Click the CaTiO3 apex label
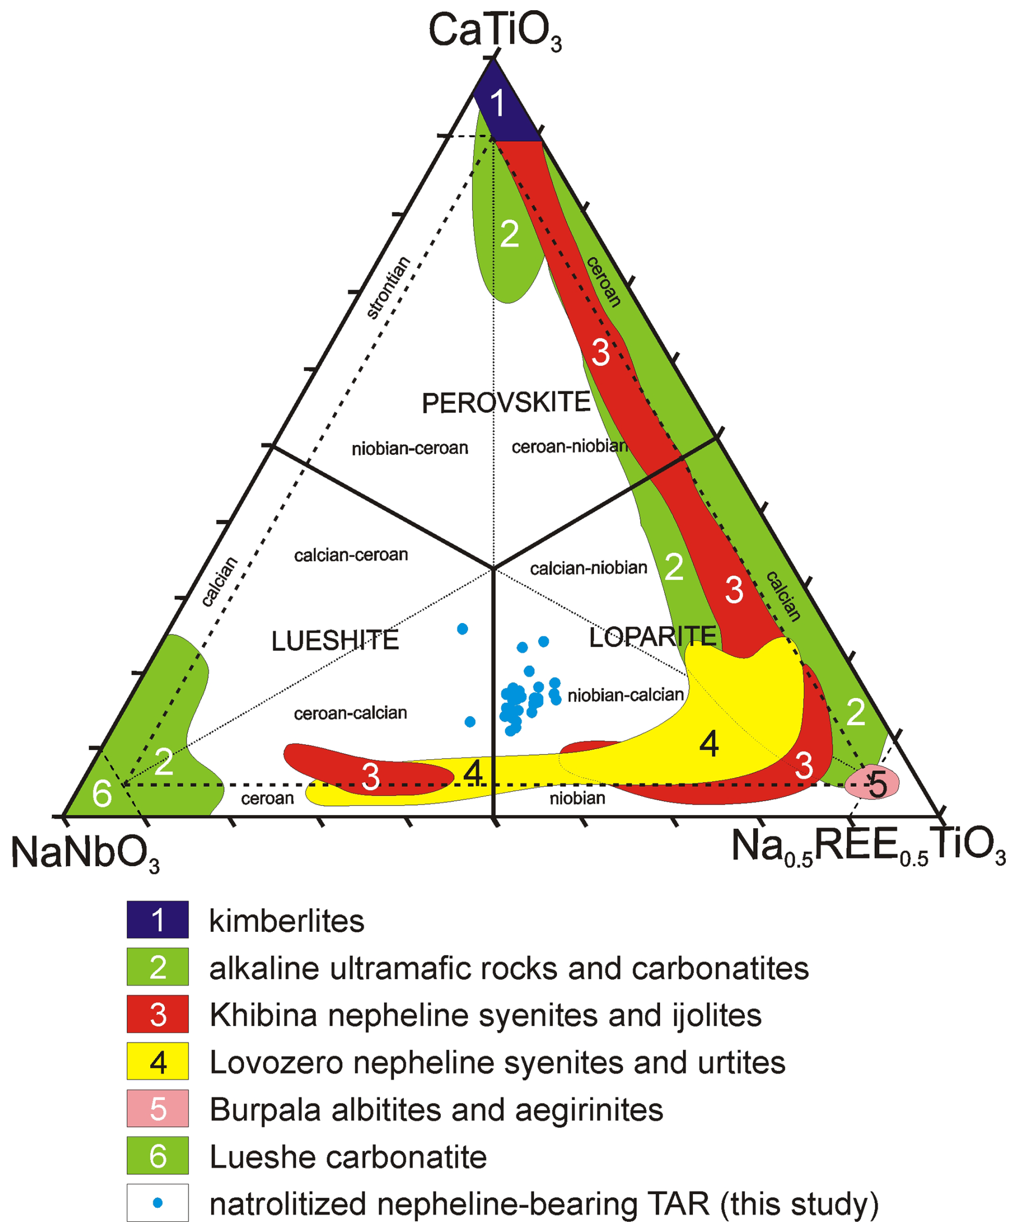(495, 31)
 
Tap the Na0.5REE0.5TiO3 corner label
(868, 847)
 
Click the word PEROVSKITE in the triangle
(506, 403)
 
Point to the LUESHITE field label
(335, 641)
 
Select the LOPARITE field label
(652, 637)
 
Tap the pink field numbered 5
(872, 782)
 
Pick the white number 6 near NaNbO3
(102, 794)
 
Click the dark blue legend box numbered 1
(157, 919)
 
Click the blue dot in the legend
(157, 1203)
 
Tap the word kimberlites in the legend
(287, 921)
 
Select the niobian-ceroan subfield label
(410, 448)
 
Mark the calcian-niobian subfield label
(588, 568)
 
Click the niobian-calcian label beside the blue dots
(626, 695)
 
